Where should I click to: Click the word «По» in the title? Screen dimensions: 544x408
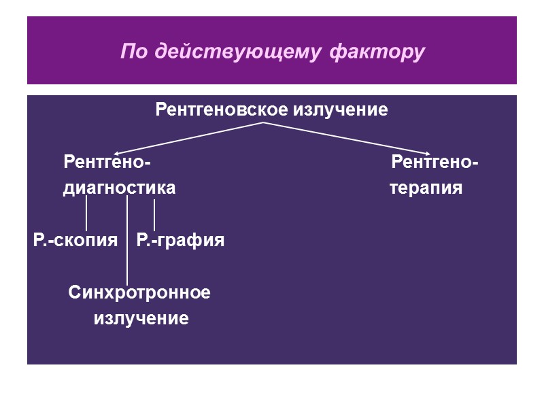(x=135, y=52)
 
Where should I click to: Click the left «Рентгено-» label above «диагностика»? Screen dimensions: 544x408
(x=107, y=163)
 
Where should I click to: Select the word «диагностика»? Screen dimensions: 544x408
(x=119, y=188)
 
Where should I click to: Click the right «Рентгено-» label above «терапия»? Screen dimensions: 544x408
(x=435, y=163)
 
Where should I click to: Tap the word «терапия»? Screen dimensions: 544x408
(x=426, y=188)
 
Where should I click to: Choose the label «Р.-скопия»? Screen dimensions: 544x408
(x=75, y=240)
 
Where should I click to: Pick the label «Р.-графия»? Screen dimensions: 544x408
(x=180, y=240)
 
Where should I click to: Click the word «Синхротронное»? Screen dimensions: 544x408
(x=139, y=293)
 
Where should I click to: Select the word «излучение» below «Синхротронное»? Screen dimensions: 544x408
(x=141, y=318)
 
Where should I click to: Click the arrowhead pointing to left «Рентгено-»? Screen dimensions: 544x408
(x=117, y=154)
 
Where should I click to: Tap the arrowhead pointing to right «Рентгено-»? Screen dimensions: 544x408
(x=426, y=152)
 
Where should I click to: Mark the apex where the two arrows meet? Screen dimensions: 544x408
(x=263, y=123)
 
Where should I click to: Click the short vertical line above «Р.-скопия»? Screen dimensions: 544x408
(x=86, y=214)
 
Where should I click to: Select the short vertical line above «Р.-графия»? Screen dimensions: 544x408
(x=154, y=214)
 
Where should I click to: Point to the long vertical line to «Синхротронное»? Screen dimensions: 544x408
(x=127, y=245)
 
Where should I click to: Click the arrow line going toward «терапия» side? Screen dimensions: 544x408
(x=347, y=138)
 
